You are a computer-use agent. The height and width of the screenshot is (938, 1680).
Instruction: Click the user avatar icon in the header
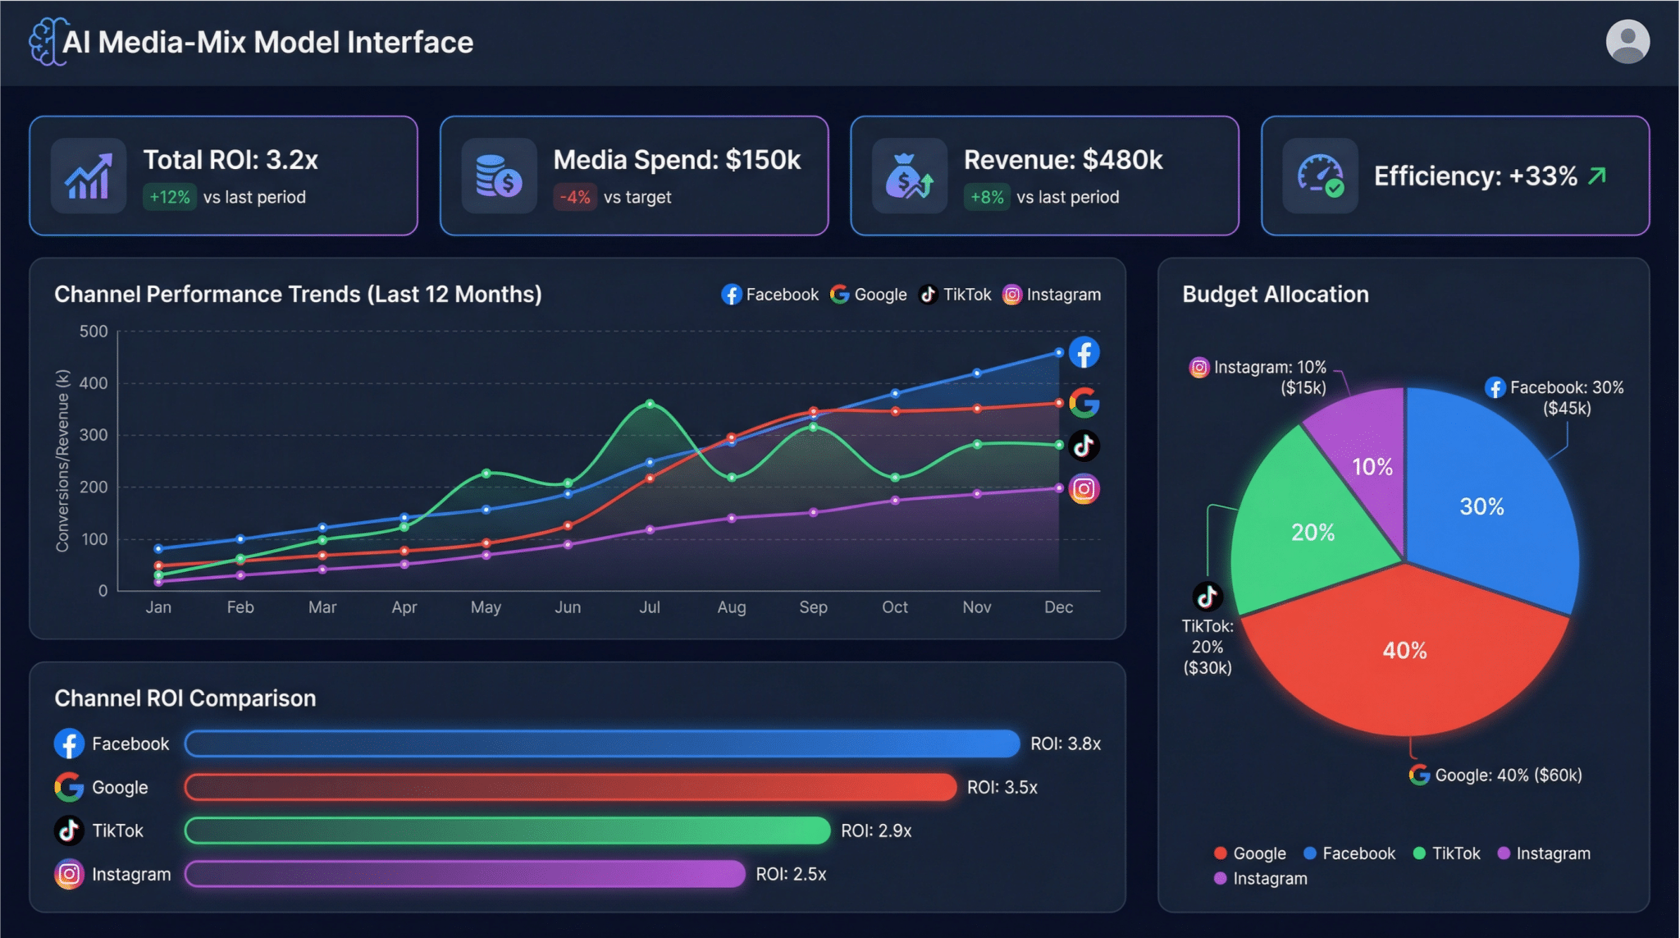[1627, 42]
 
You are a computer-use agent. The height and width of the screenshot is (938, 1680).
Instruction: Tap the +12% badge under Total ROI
[170, 197]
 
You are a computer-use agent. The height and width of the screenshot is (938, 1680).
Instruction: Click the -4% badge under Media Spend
[575, 197]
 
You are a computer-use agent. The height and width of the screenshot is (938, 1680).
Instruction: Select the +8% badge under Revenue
[987, 197]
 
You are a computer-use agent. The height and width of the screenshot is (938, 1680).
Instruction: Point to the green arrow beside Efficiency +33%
[1597, 176]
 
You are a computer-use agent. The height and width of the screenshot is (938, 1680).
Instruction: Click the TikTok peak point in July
[650, 404]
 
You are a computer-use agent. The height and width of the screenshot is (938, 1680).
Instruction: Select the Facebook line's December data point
[1059, 353]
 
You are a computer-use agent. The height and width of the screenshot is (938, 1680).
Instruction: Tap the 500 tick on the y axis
[94, 332]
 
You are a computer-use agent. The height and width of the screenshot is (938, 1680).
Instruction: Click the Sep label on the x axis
[813, 607]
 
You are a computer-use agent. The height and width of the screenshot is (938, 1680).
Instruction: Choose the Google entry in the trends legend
[868, 295]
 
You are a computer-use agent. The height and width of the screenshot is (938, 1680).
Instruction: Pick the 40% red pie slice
[1405, 657]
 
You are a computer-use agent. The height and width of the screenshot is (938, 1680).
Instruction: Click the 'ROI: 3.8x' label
[1066, 744]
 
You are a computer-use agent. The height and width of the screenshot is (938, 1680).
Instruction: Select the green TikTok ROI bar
[508, 830]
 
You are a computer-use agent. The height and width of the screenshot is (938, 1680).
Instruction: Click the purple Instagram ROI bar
[465, 874]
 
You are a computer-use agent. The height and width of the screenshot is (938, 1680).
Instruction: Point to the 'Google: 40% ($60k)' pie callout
[1495, 775]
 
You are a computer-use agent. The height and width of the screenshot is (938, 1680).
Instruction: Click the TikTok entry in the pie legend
[1447, 853]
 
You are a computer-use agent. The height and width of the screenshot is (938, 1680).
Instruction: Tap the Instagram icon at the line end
[1084, 489]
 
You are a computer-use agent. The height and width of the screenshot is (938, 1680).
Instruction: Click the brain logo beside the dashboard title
[46, 42]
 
